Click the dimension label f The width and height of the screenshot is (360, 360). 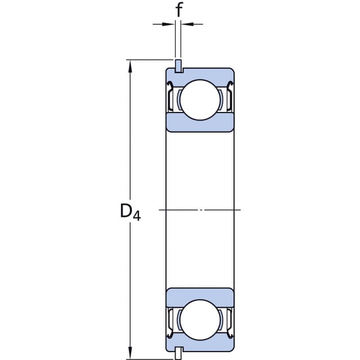tap(179, 10)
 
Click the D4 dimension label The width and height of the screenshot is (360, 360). tap(130, 213)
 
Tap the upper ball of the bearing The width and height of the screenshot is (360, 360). tap(200, 100)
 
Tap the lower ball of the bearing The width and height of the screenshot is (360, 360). tap(200, 319)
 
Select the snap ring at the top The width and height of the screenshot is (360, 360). tap(179, 66)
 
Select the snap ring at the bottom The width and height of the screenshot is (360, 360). tap(179, 353)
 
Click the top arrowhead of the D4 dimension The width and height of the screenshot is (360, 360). tap(130, 66)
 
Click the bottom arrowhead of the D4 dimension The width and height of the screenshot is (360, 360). tap(130, 353)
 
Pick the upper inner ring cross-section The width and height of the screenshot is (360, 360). tap(200, 123)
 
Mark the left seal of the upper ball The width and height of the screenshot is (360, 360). tap(170, 96)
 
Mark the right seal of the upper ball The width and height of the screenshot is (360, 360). tap(230, 96)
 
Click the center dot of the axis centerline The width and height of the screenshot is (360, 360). tap(201, 210)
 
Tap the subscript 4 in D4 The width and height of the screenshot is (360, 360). tap(137, 216)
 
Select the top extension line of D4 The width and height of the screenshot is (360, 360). tap(149, 60)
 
